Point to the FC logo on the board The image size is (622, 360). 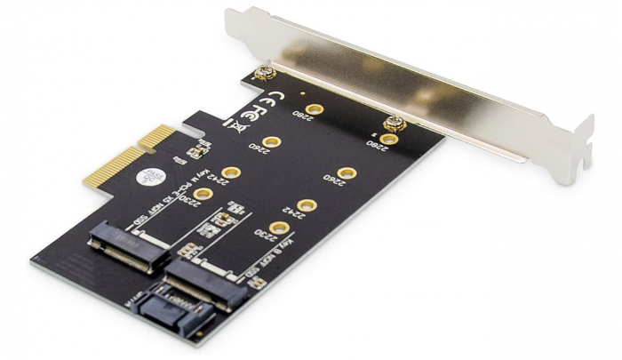pyautogui.click(x=252, y=116)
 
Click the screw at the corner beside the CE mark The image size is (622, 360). pyautogui.click(x=263, y=75)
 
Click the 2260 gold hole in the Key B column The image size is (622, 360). pyautogui.click(x=347, y=173)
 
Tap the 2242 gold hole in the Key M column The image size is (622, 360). pyautogui.click(x=232, y=172)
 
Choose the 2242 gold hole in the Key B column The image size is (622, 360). pyautogui.click(x=307, y=206)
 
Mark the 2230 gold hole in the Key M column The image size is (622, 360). pyautogui.click(x=202, y=194)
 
